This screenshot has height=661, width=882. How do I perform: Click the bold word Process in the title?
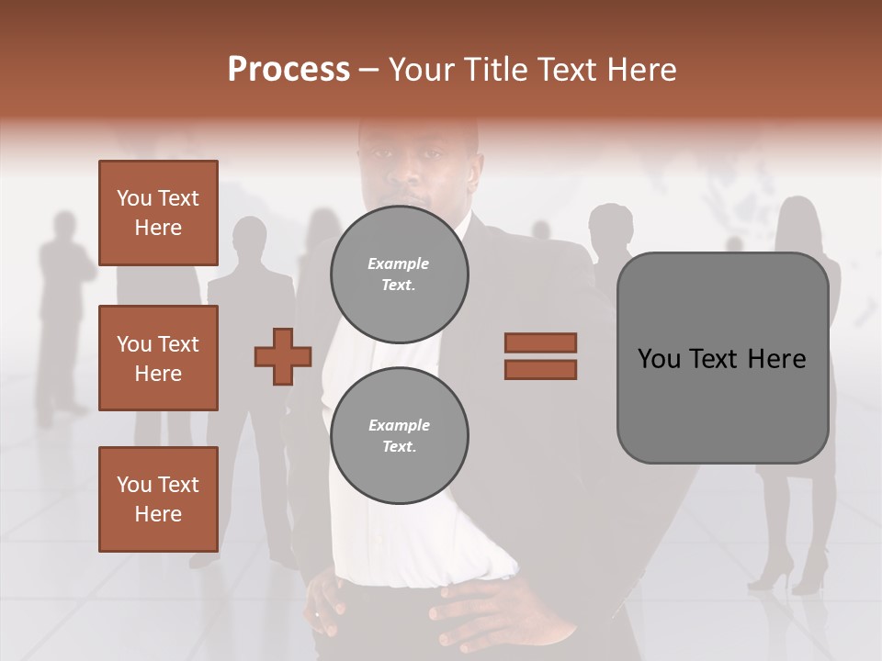pyautogui.click(x=288, y=70)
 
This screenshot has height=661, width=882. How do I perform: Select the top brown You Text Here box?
pyautogui.click(x=158, y=213)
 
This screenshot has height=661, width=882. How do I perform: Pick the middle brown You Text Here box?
pyautogui.click(x=158, y=358)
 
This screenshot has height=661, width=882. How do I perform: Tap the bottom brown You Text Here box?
pyautogui.click(x=158, y=499)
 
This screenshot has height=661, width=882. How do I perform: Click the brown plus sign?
pyautogui.click(x=283, y=356)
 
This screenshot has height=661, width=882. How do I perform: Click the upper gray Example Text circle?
pyautogui.click(x=400, y=274)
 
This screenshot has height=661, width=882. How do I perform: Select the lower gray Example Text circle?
pyautogui.click(x=400, y=436)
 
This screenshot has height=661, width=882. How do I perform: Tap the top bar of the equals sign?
pyautogui.click(x=540, y=342)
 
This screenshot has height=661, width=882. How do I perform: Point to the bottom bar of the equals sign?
pyautogui.click(x=540, y=370)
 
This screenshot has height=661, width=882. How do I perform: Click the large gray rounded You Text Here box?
pyautogui.click(x=722, y=358)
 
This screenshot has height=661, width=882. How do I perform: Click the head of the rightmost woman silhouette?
pyautogui.click(x=797, y=216)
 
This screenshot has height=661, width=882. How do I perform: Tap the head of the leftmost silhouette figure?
pyautogui.click(x=64, y=226)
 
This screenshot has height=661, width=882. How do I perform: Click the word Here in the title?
pyautogui.click(x=640, y=70)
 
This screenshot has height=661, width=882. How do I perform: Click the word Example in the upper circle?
pyautogui.click(x=398, y=263)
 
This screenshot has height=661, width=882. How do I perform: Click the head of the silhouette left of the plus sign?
pyautogui.click(x=248, y=235)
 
